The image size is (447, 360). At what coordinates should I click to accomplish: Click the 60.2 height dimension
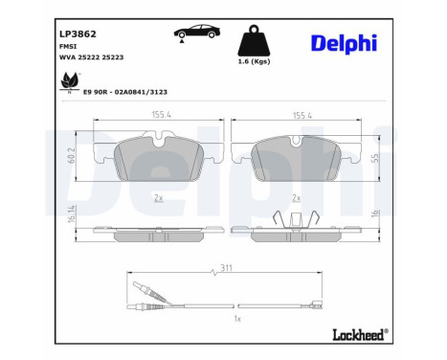71,157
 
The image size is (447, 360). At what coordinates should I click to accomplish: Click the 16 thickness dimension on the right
375,216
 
